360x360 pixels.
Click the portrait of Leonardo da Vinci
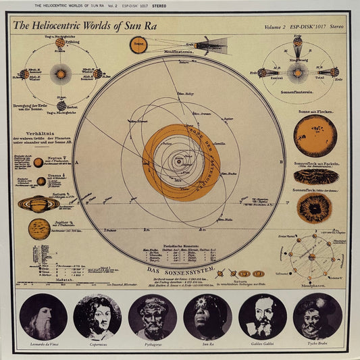43,316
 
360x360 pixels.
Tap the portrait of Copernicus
97,316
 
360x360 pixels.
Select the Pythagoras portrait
152,316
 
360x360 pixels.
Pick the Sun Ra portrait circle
207,316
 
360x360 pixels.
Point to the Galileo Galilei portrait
262,316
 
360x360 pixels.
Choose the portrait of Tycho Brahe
317,316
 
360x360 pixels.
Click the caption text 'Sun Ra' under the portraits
207,344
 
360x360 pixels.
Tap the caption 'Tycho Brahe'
317,344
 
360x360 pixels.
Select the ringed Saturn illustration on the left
38,203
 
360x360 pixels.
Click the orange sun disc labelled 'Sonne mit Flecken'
315,135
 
